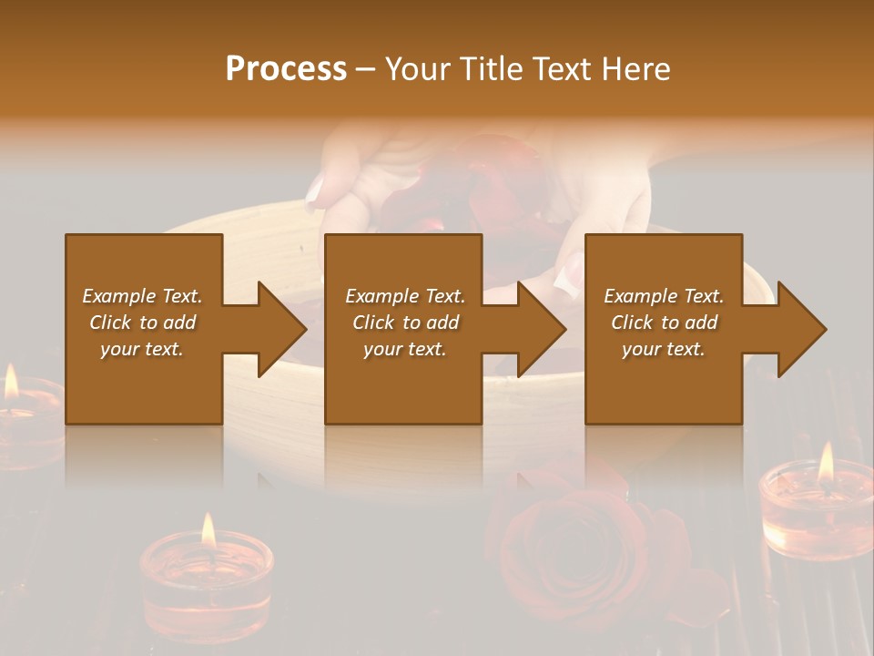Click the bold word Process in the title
286,69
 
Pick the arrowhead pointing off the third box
801,329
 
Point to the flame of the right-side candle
826,463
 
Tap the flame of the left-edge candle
11,383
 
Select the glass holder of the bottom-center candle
208,588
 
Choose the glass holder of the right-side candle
817,515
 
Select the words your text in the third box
663,349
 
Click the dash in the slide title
366,69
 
